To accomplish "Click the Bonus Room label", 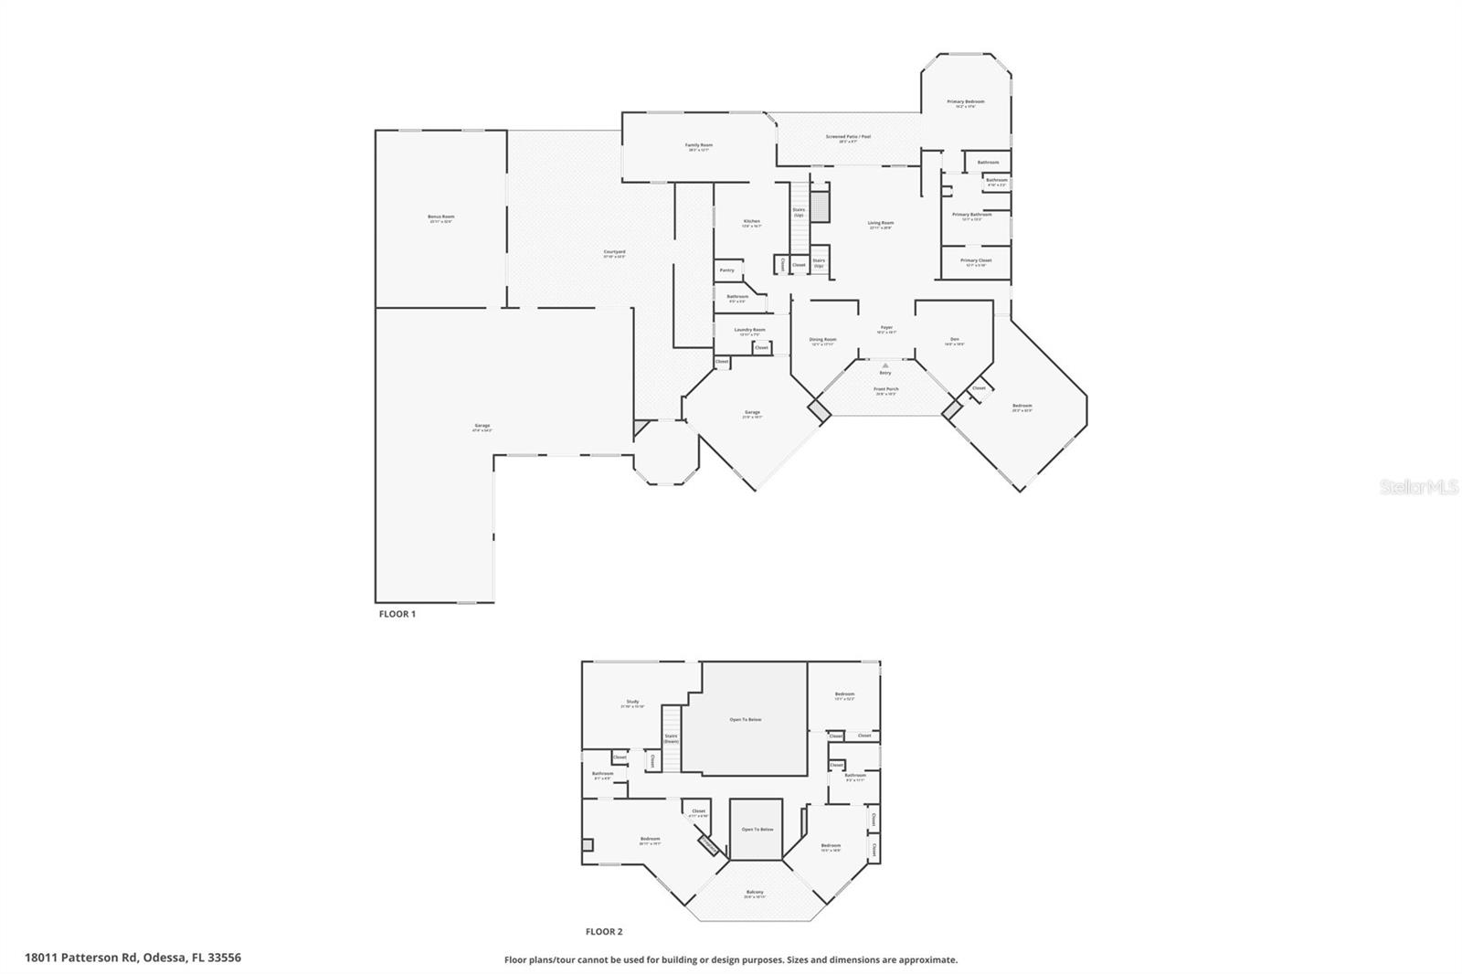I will [x=441, y=217].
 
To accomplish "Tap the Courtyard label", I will [x=614, y=252].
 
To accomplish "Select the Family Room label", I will [x=699, y=145].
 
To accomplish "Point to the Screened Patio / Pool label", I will [x=848, y=137].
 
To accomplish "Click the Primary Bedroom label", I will [x=966, y=102].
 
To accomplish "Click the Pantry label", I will [x=727, y=270].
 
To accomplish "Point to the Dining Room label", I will [x=822, y=340].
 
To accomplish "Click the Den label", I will [x=955, y=340].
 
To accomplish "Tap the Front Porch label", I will [x=885, y=389].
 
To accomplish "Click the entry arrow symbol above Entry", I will [x=885, y=365].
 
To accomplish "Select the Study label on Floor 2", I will [x=632, y=703].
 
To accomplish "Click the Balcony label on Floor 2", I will [x=755, y=893].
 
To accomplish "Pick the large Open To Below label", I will [x=745, y=720].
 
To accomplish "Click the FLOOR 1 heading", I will [x=397, y=614].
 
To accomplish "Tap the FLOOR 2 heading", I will [x=604, y=932].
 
